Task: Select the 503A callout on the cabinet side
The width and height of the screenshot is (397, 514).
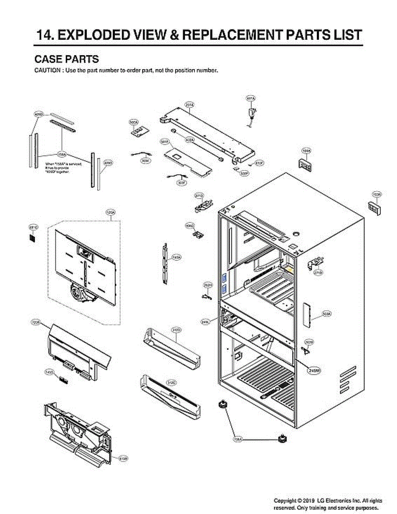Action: tap(326, 314)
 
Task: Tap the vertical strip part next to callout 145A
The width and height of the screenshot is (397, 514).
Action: tap(165, 264)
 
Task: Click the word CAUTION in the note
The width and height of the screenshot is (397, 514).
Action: tap(47, 71)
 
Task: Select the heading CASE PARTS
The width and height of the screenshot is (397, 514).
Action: tap(66, 59)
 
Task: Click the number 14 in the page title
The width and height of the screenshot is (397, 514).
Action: tap(45, 34)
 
